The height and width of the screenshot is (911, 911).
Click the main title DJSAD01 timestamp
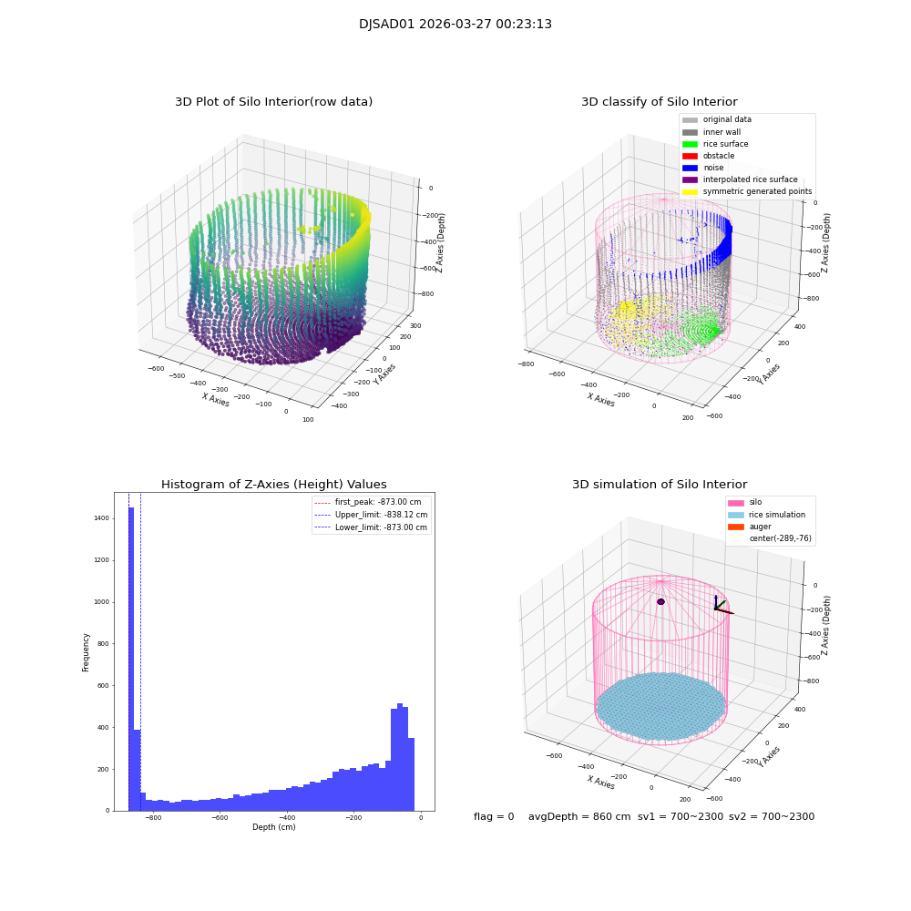pyautogui.click(x=455, y=25)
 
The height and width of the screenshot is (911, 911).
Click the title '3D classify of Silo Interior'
pyautogui.click(x=659, y=102)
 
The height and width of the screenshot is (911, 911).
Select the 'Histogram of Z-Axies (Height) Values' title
pyautogui.click(x=273, y=485)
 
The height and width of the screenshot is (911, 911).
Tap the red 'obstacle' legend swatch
pyautogui.click(x=690, y=156)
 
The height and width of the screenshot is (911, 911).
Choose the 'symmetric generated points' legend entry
pyautogui.click(x=756, y=191)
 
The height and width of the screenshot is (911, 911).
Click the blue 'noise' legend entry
pyautogui.click(x=713, y=168)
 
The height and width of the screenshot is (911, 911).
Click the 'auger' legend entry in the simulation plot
pyautogui.click(x=759, y=527)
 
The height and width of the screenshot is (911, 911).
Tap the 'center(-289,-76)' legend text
pyautogui.click(x=780, y=538)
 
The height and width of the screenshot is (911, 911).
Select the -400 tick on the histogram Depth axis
pyautogui.click(x=287, y=818)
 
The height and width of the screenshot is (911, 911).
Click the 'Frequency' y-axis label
pyautogui.click(x=87, y=652)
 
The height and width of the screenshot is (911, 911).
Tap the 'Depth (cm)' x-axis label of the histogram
pyautogui.click(x=273, y=827)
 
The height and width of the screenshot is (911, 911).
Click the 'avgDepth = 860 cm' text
pyautogui.click(x=578, y=817)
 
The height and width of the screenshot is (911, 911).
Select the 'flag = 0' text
pyautogui.click(x=494, y=817)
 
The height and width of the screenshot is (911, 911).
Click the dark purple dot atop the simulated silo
pyautogui.click(x=660, y=601)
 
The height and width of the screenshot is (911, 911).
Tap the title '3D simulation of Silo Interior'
pyautogui.click(x=659, y=485)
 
